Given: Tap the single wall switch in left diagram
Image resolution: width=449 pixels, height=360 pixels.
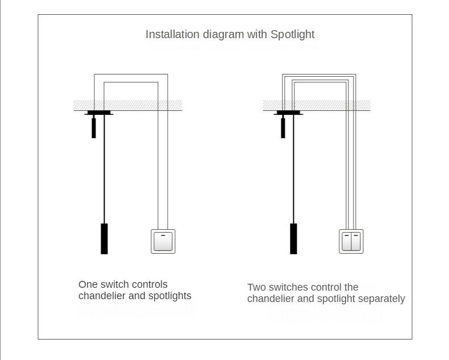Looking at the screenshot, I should (x=163, y=241).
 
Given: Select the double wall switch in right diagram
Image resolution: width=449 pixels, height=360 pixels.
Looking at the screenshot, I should (x=352, y=241).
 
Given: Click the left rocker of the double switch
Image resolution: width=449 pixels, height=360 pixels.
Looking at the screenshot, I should (x=347, y=242).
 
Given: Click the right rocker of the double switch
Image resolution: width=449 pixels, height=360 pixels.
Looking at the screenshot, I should (x=356, y=242).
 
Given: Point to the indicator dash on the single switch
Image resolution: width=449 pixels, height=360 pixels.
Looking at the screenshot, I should (x=163, y=234).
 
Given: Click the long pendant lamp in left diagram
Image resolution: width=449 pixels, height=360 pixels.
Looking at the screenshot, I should (x=104, y=238).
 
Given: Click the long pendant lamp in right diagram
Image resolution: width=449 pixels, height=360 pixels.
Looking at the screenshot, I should (x=293, y=238).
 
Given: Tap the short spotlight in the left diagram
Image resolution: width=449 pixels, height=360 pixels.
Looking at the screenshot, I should (x=94, y=128).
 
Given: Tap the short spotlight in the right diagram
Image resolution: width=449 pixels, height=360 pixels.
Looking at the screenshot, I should (x=283, y=128).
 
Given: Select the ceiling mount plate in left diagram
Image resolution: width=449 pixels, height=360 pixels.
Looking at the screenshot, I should (x=99, y=113).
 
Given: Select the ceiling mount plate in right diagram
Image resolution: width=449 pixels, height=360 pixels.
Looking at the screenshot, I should (x=288, y=113).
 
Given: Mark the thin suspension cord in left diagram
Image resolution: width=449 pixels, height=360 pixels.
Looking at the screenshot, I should (x=104, y=171).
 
